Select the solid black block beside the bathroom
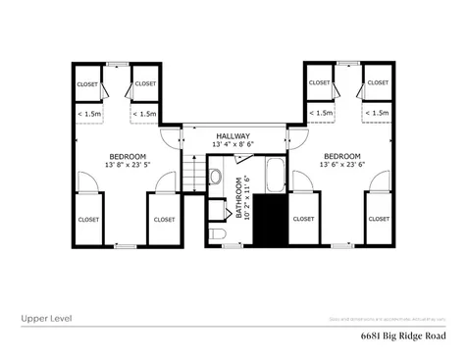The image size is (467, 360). pyautogui.click(x=270, y=222)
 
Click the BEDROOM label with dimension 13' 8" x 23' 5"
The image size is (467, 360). pyautogui.click(x=128, y=157)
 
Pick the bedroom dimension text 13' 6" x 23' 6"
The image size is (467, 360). pyautogui.click(x=341, y=166)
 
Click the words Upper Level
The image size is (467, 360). pyautogui.click(x=45, y=318)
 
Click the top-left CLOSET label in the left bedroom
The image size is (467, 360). pyautogui.click(x=88, y=83)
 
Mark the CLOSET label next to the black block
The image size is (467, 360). pyautogui.click(x=303, y=219)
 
